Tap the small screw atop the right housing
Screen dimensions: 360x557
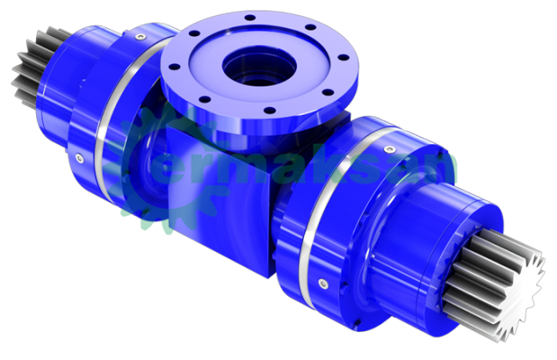[x=390, y=142]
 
